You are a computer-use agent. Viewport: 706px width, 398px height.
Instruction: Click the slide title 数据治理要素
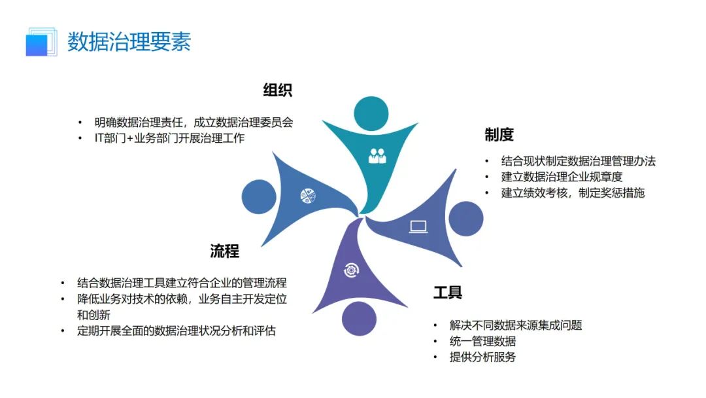[129, 41]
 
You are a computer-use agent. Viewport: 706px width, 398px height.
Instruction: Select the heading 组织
[277, 90]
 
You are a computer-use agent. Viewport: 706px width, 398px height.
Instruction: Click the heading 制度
[499, 135]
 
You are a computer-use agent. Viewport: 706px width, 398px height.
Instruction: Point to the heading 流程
[224, 251]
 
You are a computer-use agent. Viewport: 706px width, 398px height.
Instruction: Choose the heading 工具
[448, 292]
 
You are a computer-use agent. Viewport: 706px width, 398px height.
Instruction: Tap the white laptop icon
[418, 226]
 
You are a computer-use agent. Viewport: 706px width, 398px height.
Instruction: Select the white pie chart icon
[308, 194]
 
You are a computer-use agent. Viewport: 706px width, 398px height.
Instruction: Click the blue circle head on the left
[259, 196]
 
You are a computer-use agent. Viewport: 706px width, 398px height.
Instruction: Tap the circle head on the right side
[466, 219]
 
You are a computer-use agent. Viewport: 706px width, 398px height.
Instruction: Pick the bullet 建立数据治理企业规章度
[562, 177]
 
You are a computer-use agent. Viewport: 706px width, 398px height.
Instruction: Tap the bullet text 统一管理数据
[482, 341]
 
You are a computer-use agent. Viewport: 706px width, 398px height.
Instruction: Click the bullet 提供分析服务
[482, 357]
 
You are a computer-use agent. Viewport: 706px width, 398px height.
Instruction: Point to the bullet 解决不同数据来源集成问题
[515, 325]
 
